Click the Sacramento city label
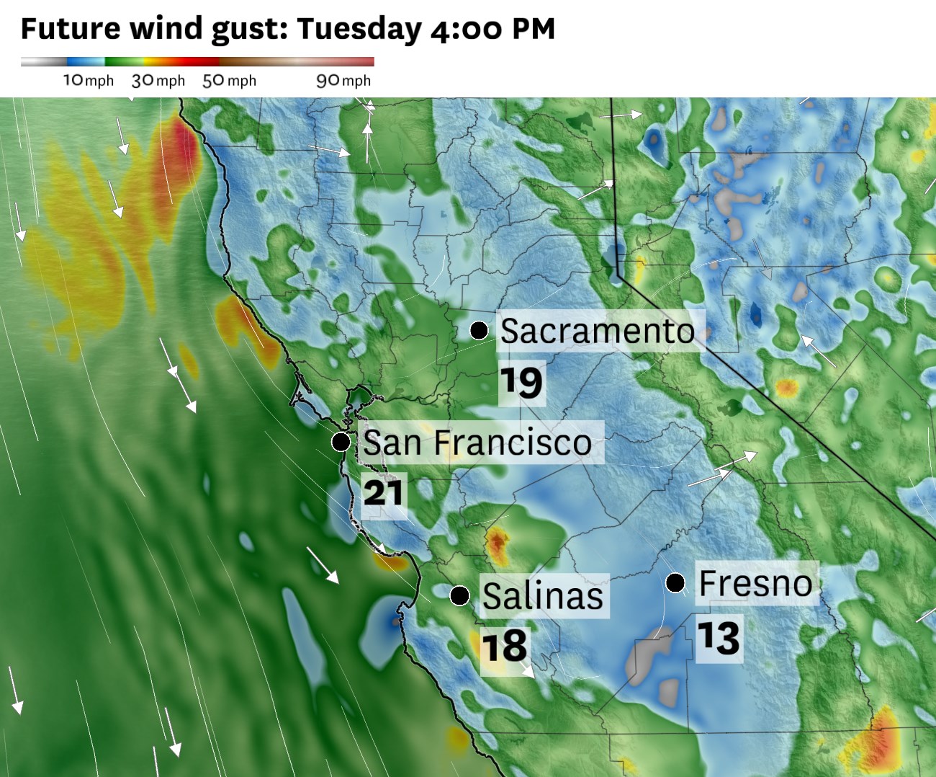(x=598, y=331)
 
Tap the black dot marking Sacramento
(x=479, y=330)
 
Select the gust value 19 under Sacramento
(x=521, y=381)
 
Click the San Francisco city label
(x=477, y=442)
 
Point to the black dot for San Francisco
(x=341, y=442)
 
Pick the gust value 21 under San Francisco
(x=383, y=494)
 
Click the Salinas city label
(x=542, y=595)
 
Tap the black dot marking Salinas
(x=459, y=595)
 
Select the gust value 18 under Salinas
(x=504, y=647)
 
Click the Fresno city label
(x=755, y=582)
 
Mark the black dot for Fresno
(x=675, y=582)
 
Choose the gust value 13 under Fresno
(x=718, y=638)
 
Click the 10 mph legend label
(x=89, y=81)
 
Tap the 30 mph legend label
(x=158, y=81)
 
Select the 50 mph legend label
(x=229, y=81)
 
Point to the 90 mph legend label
(x=343, y=81)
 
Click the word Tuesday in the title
(x=359, y=29)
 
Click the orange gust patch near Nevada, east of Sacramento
(x=786, y=388)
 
